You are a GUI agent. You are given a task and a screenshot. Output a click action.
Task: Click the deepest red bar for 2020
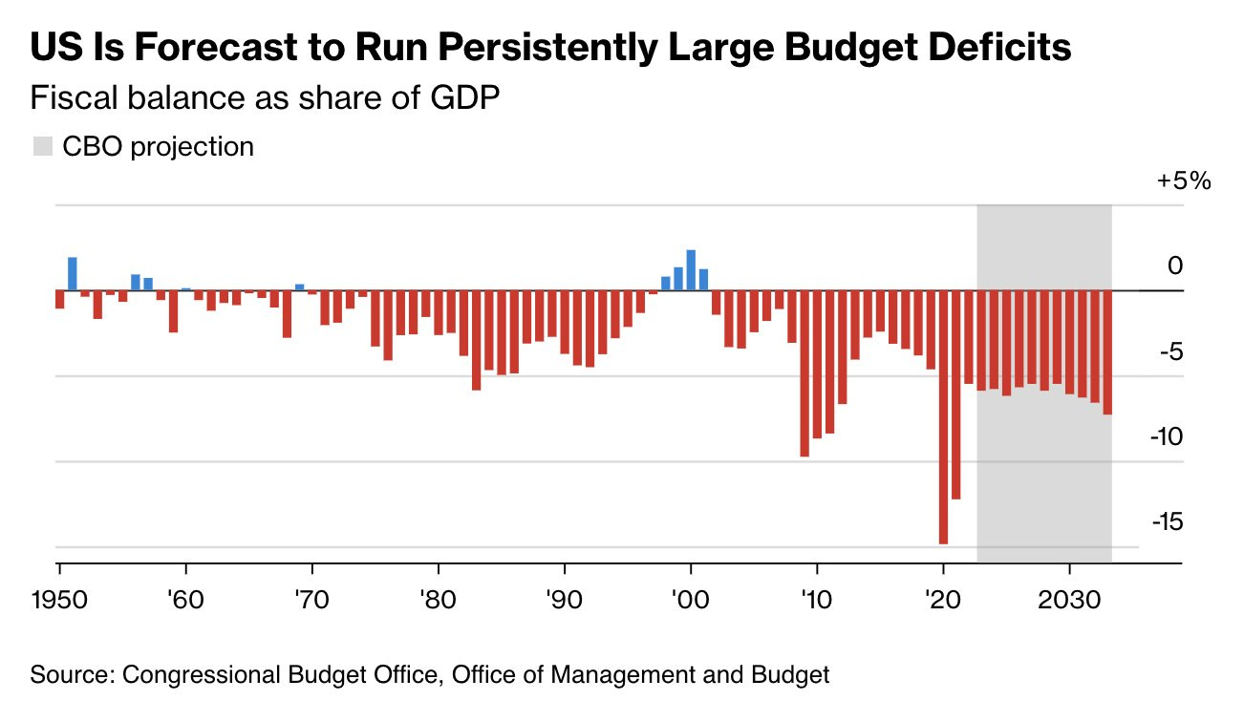(943, 416)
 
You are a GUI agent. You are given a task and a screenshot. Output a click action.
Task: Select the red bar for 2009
(804, 372)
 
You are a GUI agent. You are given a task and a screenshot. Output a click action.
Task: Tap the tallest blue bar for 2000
(691, 270)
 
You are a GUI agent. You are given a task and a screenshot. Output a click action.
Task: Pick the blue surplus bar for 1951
(73, 274)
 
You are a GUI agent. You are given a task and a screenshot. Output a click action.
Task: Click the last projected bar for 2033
(1107, 352)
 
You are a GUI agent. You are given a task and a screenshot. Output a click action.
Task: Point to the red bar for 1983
(476, 340)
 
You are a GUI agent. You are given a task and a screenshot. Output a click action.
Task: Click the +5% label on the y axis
(1184, 180)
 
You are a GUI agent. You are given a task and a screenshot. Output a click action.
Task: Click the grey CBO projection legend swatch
(42, 147)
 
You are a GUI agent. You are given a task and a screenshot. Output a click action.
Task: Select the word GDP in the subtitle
(467, 98)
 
